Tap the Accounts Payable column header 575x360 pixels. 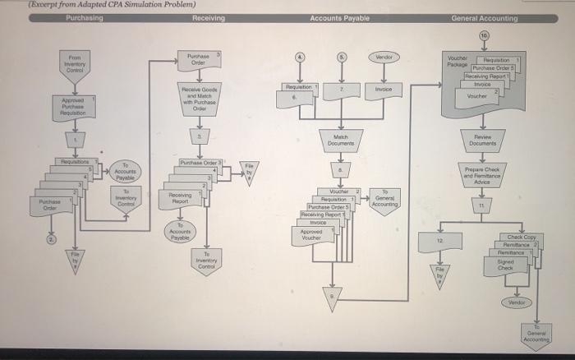point(339,18)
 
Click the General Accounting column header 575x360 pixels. point(484,18)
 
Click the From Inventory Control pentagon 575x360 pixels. point(75,63)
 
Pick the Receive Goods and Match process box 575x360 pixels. point(198,99)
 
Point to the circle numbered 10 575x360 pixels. point(484,37)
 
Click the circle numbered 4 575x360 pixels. point(301,58)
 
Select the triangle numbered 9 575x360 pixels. point(333,298)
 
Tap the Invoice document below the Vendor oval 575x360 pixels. point(382,89)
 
